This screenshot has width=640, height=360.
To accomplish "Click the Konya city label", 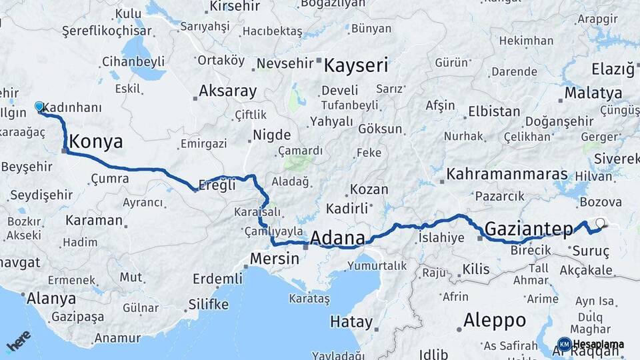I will click(x=96, y=141).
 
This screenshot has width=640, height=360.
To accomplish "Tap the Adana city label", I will click(x=338, y=238).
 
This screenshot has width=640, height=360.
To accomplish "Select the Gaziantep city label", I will click(x=529, y=229).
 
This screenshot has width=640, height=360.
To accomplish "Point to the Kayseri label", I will click(x=356, y=65).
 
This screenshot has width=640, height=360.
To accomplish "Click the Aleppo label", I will click(x=495, y=320).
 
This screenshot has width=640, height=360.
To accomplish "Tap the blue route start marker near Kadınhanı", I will click(x=39, y=107).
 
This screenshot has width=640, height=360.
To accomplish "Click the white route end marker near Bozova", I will click(x=600, y=223).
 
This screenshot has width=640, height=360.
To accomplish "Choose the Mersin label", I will click(x=275, y=258).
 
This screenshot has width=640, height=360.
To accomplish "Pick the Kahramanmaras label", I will click(x=511, y=174).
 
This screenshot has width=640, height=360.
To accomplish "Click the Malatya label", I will click(x=593, y=93).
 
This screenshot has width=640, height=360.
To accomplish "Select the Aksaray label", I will click(x=227, y=91).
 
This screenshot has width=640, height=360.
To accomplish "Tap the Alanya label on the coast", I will click(x=51, y=298).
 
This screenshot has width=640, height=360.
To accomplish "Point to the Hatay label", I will click(x=351, y=322).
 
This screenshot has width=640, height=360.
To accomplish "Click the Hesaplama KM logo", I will click(x=590, y=345).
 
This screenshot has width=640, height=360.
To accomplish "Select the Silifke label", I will click(x=208, y=305).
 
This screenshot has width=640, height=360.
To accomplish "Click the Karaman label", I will click(x=94, y=220).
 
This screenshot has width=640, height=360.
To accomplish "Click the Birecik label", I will click(x=530, y=249).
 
